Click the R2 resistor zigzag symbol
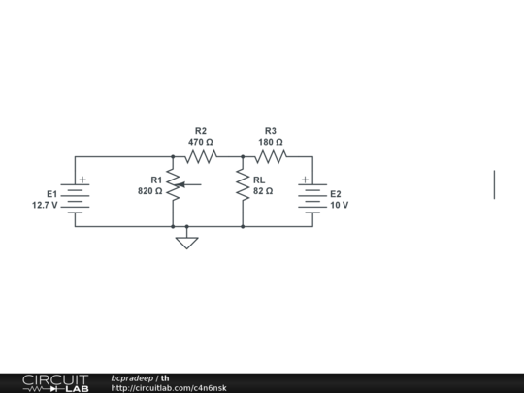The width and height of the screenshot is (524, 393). (x=201, y=156)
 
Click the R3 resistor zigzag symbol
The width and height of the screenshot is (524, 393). (x=271, y=156)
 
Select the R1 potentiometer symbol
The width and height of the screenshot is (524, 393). (x=174, y=184)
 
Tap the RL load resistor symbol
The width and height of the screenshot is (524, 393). (x=243, y=184)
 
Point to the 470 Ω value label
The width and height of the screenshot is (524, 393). (x=201, y=142)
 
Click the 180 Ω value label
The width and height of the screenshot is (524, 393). (x=271, y=142)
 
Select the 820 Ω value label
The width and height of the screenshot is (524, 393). (x=150, y=191)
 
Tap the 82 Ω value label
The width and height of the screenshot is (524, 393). (x=263, y=191)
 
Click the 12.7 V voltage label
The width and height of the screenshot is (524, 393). (x=45, y=205)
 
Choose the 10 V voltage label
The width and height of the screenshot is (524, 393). (x=339, y=205)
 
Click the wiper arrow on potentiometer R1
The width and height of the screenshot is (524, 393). (x=189, y=184)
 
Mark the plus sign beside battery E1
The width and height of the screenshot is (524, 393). (x=83, y=180)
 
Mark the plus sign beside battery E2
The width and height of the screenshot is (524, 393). (x=304, y=180)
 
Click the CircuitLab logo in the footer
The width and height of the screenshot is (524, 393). (x=55, y=382)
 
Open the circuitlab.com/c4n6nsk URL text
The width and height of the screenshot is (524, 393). (x=169, y=388)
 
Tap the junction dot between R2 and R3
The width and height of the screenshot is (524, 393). (x=243, y=156)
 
